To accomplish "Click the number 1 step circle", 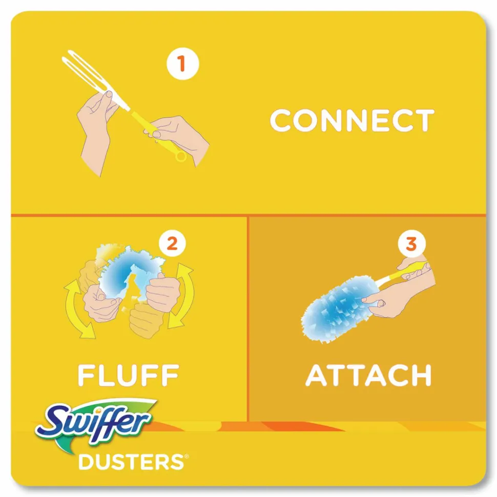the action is tap(182, 63).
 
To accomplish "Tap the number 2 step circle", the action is tap(172, 244).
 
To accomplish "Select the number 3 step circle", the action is tap(411, 244).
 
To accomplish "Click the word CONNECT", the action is tap(352, 120).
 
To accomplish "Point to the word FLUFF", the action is tap(129, 375).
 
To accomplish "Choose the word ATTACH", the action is tap(368, 375).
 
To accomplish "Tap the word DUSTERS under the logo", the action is tap(131, 462).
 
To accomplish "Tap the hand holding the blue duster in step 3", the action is tap(393, 298).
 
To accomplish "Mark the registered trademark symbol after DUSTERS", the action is tap(187, 457).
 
